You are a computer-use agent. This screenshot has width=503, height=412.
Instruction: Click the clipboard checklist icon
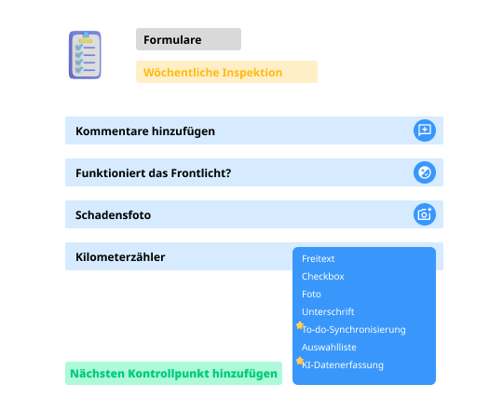pyautogui.click(x=85, y=55)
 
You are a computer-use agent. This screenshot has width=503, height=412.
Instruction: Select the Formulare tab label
pyautogui.click(x=172, y=40)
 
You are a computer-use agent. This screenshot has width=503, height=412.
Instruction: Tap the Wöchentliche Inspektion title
pyautogui.click(x=212, y=73)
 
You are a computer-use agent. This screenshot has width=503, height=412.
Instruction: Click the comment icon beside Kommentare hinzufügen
pyautogui.click(x=425, y=130)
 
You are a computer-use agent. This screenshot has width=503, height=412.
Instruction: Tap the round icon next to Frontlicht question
pyautogui.click(x=425, y=172)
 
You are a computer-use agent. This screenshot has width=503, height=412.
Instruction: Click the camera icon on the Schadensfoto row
pyautogui.click(x=425, y=214)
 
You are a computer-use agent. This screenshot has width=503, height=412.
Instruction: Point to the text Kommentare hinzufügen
pyautogui.click(x=145, y=131)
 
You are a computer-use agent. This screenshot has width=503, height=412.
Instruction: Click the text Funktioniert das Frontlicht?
pyautogui.click(x=153, y=172)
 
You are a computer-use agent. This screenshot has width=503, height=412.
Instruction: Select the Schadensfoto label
pyautogui.click(x=113, y=214)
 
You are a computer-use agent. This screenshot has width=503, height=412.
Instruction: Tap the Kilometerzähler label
pyautogui.click(x=120, y=257)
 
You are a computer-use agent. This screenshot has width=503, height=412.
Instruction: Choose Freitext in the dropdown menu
pyautogui.click(x=318, y=259)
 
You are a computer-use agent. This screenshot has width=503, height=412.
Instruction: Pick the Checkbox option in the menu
pyautogui.click(x=322, y=277)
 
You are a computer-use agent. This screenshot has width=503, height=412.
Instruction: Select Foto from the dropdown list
pyautogui.click(x=311, y=295)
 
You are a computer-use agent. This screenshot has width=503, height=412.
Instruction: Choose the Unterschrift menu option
pyautogui.click(x=328, y=312)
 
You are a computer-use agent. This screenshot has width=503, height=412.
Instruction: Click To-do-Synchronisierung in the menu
pyautogui.click(x=354, y=329)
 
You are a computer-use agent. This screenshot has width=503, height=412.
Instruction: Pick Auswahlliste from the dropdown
pyautogui.click(x=329, y=347)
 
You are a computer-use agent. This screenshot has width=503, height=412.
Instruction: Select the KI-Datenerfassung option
pyautogui.click(x=343, y=364)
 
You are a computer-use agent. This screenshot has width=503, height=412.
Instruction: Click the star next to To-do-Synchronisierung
pyautogui.click(x=300, y=325)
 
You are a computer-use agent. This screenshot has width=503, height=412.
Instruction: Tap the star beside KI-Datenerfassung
pyautogui.click(x=300, y=361)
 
